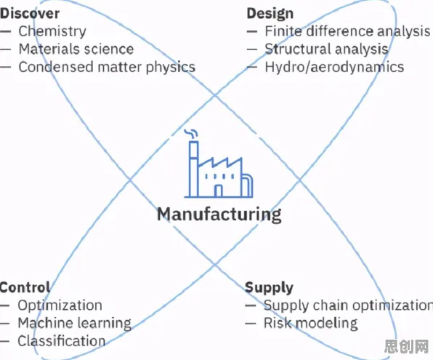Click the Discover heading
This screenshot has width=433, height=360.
(x=30, y=13)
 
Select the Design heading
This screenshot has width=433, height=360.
(x=270, y=14)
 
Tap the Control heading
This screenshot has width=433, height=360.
(x=25, y=287)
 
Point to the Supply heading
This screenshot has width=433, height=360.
(x=269, y=288)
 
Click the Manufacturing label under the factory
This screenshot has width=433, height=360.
(x=219, y=215)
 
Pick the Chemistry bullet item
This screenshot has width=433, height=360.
(x=52, y=31)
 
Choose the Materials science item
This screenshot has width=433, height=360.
(x=76, y=49)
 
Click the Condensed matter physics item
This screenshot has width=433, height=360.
(x=107, y=67)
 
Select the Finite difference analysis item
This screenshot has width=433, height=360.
(x=347, y=31)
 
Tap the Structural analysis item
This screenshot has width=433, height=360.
(x=327, y=49)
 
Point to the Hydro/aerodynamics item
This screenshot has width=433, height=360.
(x=334, y=67)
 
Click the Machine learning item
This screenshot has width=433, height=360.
(x=75, y=323)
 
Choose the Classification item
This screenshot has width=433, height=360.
(x=62, y=340)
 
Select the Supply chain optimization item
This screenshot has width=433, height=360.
(x=348, y=305)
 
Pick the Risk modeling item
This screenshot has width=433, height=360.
(x=311, y=323)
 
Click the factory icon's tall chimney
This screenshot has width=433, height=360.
(x=194, y=169)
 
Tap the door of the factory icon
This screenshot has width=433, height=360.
(x=219, y=191)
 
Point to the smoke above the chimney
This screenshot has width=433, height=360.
(x=191, y=133)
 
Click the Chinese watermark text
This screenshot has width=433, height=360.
(x=406, y=346)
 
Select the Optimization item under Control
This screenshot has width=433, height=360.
(x=60, y=305)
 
